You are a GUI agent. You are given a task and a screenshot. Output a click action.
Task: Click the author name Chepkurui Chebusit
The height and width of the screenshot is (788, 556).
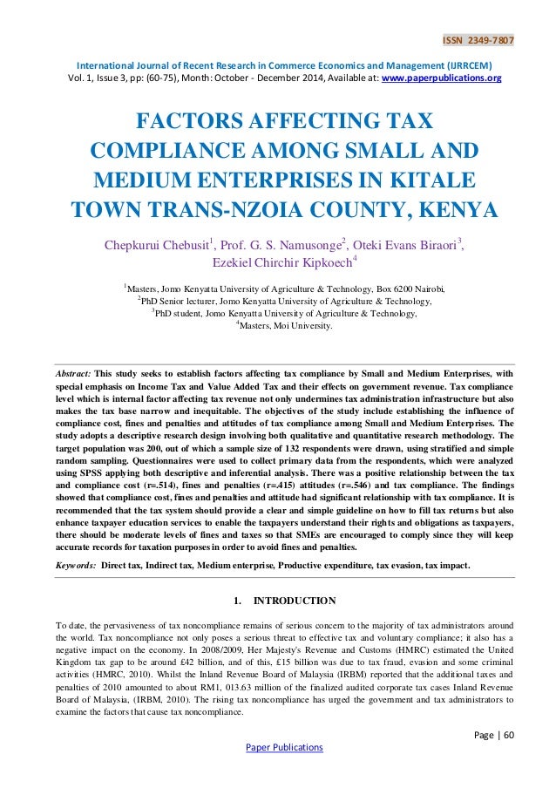pos(159,245)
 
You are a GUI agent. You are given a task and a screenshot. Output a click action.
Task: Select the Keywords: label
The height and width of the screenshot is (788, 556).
pos(75,565)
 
